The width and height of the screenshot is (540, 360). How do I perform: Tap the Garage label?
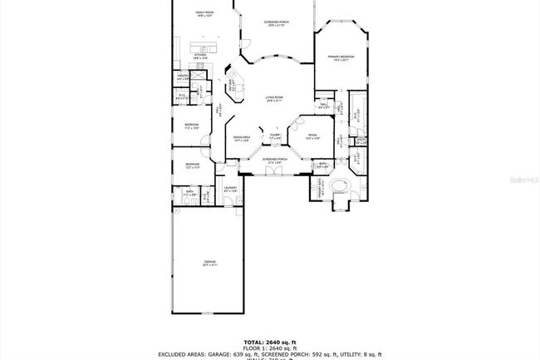(210, 263)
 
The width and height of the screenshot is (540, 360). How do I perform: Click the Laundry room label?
(230, 189)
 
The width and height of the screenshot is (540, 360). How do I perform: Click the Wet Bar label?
(233, 84)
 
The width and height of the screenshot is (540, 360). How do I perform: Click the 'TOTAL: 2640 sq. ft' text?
(269, 342)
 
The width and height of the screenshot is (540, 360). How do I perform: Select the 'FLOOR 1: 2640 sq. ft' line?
(269, 348)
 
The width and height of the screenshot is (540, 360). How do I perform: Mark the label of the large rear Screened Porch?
(275, 23)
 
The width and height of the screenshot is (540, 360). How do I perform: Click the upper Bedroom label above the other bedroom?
(192, 126)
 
